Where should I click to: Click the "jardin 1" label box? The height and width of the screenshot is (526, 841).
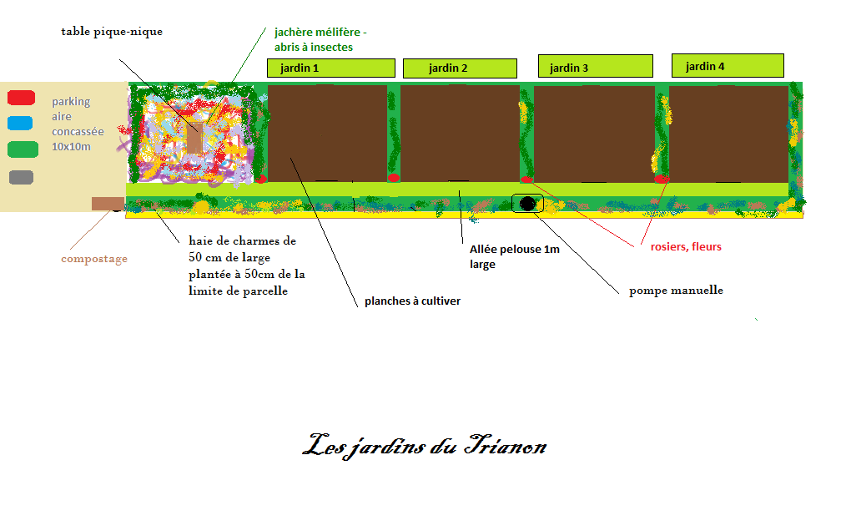click(x=331, y=68)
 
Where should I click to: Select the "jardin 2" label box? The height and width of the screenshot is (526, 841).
click(x=460, y=68)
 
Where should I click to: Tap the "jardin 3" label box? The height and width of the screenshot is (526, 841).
click(x=596, y=66)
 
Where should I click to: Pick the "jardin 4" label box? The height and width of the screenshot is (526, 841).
click(x=728, y=65)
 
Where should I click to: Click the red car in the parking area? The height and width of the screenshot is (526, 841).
click(x=22, y=98)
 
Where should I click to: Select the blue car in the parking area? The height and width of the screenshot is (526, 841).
click(x=20, y=123)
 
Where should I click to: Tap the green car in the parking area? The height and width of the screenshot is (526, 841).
click(x=23, y=149)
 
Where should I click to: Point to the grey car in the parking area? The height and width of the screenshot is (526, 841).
click(x=22, y=177)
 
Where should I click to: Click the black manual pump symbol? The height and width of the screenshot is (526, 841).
click(x=528, y=204)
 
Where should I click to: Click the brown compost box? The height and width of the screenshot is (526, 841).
click(x=108, y=204)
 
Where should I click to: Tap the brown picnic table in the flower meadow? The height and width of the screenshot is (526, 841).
click(x=194, y=138)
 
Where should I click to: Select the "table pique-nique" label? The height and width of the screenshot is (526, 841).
click(x=112, y=32)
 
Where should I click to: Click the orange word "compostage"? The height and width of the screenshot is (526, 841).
click(x=94, y=259)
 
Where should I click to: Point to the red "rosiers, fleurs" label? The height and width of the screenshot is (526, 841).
click(x=686, y=247)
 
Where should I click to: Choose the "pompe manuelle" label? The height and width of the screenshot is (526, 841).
click(x=676, y=291)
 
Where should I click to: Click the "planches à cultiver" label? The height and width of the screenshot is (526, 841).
click(x=412, y=301)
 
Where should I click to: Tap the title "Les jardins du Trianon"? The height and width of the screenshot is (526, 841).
click(x=425, y=446)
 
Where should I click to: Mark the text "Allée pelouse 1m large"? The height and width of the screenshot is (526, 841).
click(x=514, y=256)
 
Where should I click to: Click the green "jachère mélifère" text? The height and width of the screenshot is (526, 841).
click(x=320, y=33)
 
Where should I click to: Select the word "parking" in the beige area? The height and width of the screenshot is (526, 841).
click(x=71, y=102)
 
